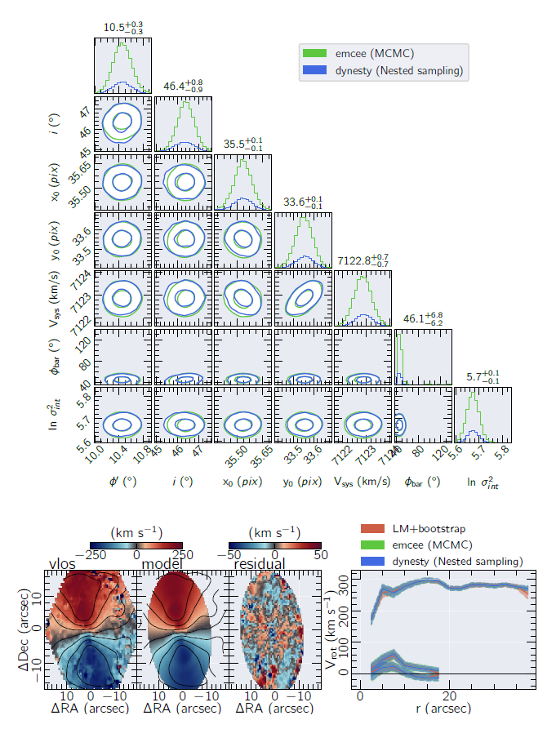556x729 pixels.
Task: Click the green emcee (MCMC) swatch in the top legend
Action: [x=314, y=54]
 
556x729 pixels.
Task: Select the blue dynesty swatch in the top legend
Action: [x=314, y=71]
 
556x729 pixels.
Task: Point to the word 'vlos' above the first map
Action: [x=64, y=564]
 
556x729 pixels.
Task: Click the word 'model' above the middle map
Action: [x=161, y=564]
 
